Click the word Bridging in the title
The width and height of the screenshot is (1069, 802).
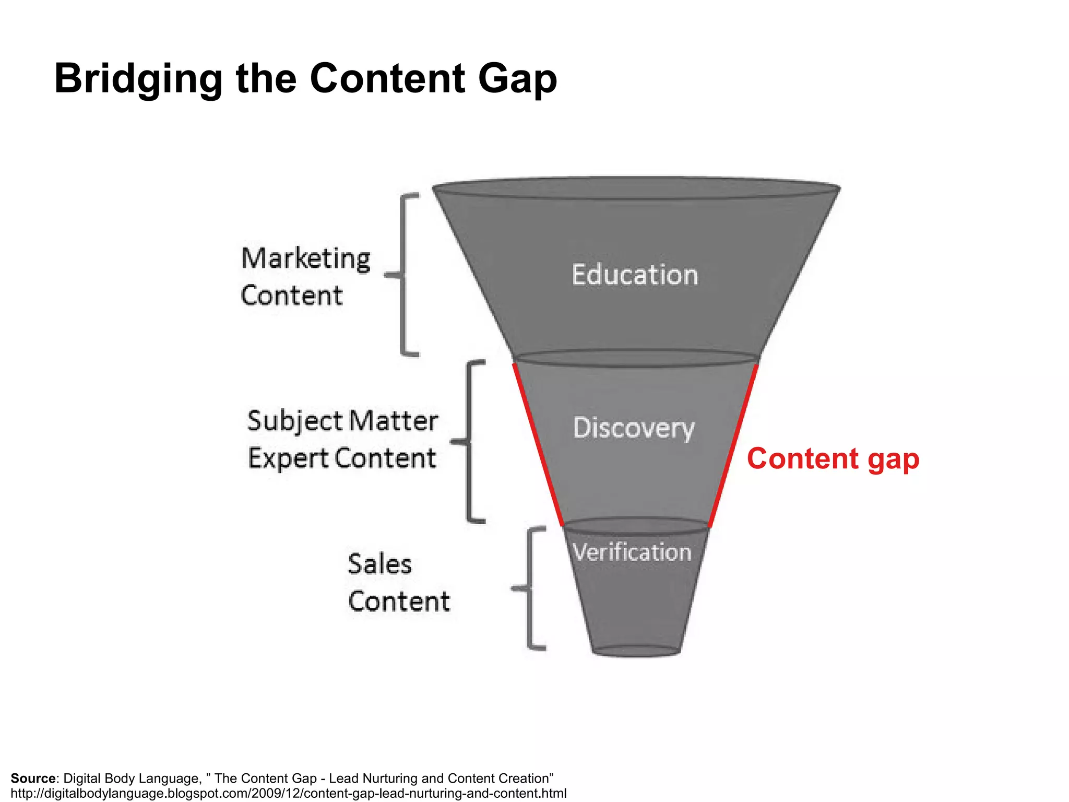point(138,79)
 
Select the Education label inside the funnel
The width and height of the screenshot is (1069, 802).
point(635,275)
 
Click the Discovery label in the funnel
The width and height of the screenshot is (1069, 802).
point(634,428)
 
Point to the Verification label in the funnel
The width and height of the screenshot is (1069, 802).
point(632,552)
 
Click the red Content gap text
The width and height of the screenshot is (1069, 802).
point(833,459)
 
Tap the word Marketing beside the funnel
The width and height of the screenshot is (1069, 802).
point(306,259)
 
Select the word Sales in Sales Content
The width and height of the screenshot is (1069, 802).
point(379,564)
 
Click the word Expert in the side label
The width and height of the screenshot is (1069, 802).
point(288,459)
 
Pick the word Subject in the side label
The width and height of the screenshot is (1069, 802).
point(294,421)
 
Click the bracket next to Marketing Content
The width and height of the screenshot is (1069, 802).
point(403,275)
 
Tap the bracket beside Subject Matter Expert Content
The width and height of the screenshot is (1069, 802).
point(469,441)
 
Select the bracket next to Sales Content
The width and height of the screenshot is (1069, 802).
point(530,588)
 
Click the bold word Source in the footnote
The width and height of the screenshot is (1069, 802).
point(33,779)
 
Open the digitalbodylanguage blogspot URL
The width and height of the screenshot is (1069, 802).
point(288,794)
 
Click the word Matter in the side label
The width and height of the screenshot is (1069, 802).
point(393,421)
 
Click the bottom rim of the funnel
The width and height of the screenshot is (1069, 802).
point(636,652)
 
